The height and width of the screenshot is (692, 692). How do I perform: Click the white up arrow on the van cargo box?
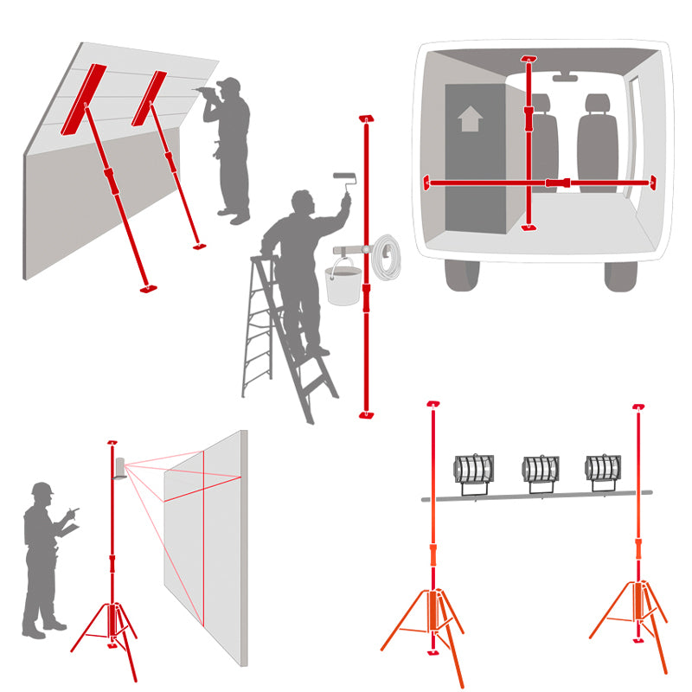470,119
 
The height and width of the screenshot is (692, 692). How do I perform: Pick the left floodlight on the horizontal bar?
473,470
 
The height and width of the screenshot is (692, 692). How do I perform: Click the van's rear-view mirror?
565,77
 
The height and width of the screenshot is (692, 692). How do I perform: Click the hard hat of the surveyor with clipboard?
42,490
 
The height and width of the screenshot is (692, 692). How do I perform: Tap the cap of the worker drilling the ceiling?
229,84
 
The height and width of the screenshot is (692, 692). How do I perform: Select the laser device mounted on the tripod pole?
119,468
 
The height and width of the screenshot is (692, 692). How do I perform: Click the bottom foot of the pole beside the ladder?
366,415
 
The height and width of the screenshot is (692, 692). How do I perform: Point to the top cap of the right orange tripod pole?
638,406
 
